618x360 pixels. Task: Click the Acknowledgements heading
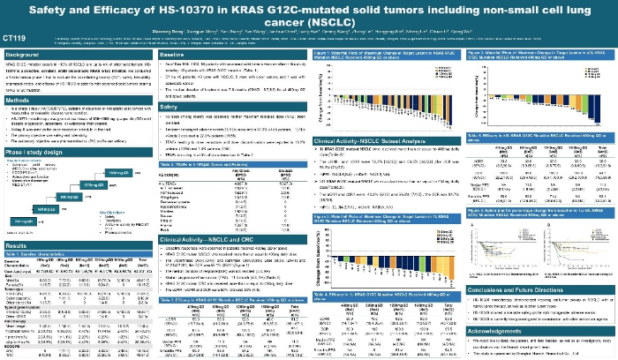(500, 327)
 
